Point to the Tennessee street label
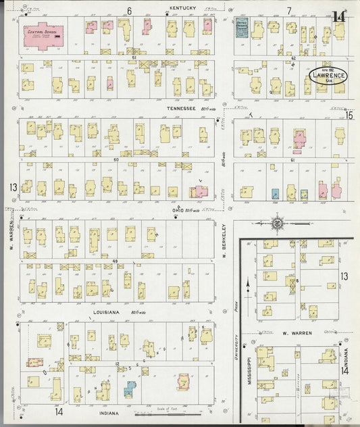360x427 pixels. coord(181,108)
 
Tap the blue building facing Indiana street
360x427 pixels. coord(129,388)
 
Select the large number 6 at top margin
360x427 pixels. coord(128,10)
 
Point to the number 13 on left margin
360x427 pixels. coord(11,186)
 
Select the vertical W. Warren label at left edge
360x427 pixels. coord(11,236)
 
